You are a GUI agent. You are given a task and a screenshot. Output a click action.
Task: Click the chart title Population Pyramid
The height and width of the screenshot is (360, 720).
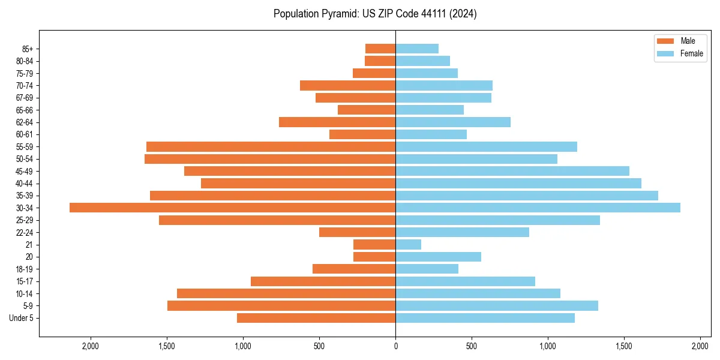(x=375, y=14)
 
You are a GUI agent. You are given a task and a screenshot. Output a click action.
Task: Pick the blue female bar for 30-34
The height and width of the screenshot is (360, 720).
(x=538, y=208)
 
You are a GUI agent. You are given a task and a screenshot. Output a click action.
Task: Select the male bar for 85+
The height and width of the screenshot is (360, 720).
(x=380, y=49)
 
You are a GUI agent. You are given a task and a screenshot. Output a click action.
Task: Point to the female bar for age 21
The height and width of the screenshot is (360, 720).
(x=408, y=244)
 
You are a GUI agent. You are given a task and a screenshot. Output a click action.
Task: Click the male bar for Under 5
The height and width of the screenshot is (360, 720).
(x=316, y=318)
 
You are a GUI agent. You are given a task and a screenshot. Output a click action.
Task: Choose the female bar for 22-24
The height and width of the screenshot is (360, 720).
(x=462, y=232)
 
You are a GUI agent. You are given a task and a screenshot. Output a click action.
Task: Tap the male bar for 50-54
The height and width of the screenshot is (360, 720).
(x=270, y=159)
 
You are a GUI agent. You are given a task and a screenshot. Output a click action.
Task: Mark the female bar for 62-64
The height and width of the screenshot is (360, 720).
(x=453, y=122)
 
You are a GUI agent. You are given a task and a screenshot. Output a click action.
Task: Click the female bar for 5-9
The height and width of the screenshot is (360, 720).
(x=497, y=306)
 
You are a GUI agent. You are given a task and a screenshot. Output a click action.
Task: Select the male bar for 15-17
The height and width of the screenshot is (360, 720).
(x=323, y=281)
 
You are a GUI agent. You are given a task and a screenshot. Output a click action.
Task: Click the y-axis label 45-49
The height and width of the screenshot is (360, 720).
(x=24, y=171)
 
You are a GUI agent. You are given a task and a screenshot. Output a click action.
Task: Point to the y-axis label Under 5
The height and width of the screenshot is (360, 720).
(x=21, y=318)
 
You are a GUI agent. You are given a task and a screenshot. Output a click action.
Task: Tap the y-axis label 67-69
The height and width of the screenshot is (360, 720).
(x=24, y=98)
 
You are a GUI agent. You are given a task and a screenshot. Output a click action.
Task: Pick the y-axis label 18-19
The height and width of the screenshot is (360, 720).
(x=24, y=269)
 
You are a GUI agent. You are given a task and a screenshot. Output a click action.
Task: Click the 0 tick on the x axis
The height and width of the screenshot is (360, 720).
(x=395, y=346)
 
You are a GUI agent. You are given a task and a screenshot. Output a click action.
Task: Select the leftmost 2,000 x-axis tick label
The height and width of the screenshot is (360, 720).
(x=91, y=346)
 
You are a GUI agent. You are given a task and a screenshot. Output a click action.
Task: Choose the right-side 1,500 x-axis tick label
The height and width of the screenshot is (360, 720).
(x=624, y=346)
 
